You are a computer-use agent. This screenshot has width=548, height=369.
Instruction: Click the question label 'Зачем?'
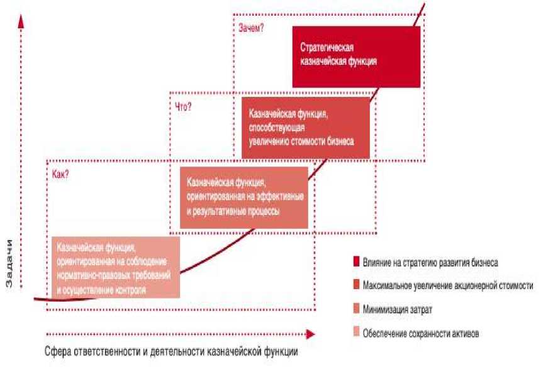pos(251,28)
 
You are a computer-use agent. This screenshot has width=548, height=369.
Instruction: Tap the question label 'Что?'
pos(183,106)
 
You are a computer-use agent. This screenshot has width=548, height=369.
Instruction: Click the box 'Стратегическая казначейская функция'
pos(356,57)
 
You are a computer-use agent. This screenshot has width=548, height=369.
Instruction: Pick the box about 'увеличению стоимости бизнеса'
pos(305,128)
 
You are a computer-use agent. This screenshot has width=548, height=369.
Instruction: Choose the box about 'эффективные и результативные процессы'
pos(243,197)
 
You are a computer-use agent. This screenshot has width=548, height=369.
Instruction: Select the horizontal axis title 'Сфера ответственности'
pos(171,351)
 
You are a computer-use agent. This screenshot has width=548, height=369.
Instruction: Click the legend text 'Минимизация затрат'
pos(397,310)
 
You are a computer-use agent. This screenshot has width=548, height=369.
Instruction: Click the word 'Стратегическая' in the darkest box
pos(327,49)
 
